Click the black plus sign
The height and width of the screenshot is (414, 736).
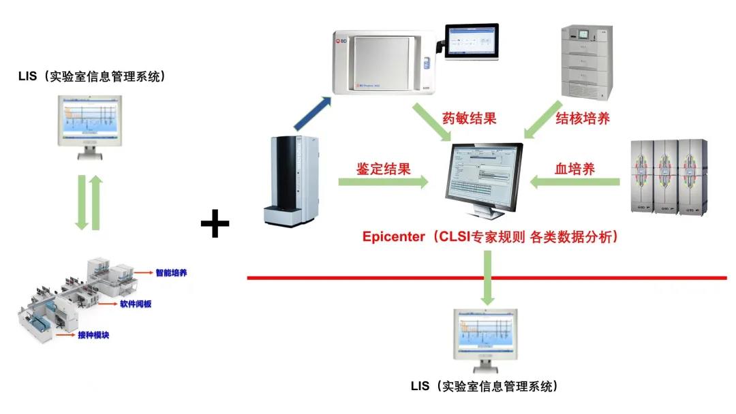215,224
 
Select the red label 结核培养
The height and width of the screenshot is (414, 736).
582,118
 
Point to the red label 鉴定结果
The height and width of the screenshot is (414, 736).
384,168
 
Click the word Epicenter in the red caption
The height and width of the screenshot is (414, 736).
393,237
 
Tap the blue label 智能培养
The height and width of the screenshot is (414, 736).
171,273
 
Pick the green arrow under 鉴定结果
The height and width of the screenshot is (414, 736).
383,182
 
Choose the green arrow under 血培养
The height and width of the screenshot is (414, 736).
575,182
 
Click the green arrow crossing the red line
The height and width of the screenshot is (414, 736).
487,278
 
